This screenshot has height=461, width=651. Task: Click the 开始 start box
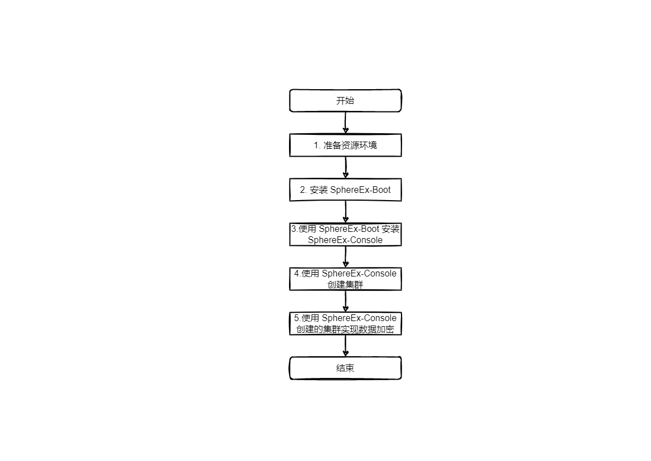coord(345,101)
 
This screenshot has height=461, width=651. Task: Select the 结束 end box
coord(345,368)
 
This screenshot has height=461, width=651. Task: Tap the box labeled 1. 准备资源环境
coord(345,145)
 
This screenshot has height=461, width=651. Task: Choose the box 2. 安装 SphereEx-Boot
coord(345,190)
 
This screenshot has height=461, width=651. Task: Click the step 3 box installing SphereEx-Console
coord(345,235)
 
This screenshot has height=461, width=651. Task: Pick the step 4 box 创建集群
coord(345,279)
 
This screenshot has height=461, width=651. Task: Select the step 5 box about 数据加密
coord(345,323)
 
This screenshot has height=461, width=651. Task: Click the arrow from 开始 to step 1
coord(345,123)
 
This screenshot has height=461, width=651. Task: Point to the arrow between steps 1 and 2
coord(345,167)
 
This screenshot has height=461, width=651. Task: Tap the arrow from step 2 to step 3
coord(345,212)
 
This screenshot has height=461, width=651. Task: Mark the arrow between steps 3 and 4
coord(345,256)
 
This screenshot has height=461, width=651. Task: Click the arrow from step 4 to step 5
coord(345,301)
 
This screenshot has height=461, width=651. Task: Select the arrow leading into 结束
coord(345,346)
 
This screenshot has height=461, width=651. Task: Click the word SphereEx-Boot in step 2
coord(360,190)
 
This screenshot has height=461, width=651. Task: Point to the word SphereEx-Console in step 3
coord(345,240)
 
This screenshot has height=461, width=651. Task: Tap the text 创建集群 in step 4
coord(345,285)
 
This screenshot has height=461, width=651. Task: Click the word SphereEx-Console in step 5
coord(359,318)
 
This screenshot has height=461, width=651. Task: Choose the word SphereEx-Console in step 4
coord(359,274)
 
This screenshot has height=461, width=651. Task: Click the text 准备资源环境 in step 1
coord(350,145)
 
